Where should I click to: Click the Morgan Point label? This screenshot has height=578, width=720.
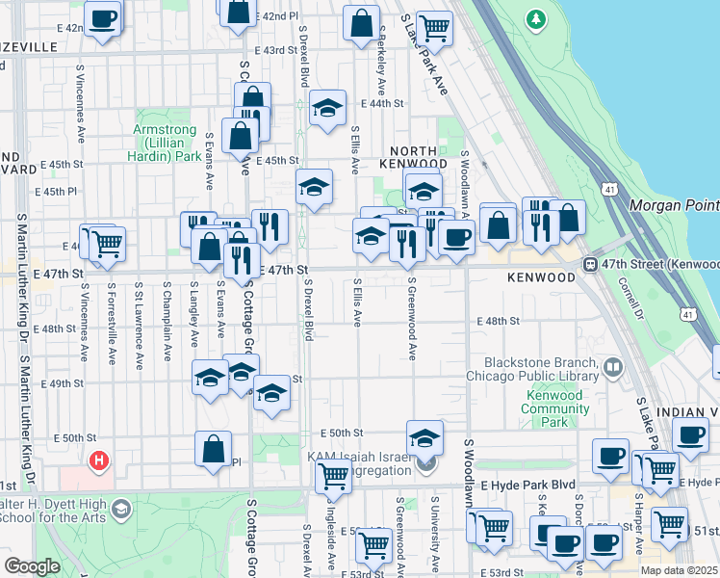pos(674,205)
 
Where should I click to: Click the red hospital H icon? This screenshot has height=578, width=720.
pos(97,461)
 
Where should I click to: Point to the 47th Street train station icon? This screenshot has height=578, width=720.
pos(589,264)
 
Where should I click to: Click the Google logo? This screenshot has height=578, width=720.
pos(33,566)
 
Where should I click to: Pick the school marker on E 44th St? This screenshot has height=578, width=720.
pos(327,109)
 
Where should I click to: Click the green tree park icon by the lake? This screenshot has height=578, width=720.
pos(535,18)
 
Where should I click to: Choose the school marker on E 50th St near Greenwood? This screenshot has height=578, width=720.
pos(424,437)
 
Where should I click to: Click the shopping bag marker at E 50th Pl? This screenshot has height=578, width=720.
pos(213,449)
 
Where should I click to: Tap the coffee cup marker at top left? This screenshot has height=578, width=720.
pos(102,16)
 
